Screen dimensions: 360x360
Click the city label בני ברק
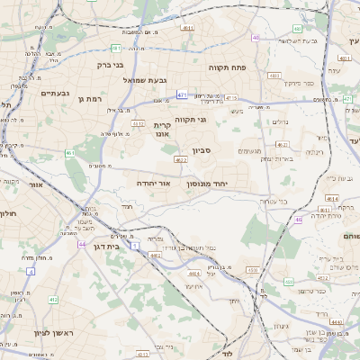110,65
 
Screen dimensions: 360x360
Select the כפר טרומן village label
318,291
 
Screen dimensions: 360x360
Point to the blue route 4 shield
30,270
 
